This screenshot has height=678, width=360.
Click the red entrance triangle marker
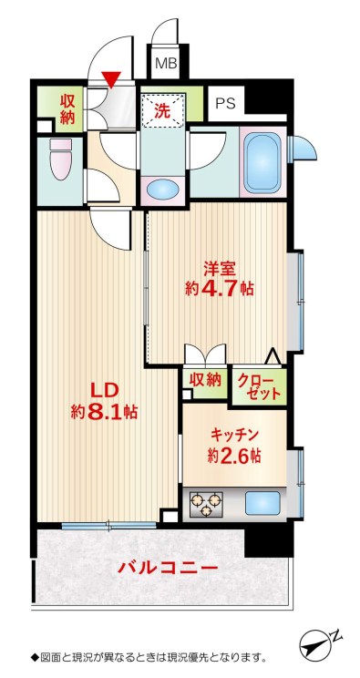click(111, 79)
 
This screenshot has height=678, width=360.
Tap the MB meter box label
click(166, 64)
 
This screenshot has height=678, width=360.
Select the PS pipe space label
click(225, 104)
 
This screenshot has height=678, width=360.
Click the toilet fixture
click(61, 159)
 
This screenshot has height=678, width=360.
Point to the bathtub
click(262, 161)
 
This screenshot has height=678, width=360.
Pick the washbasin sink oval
click(163, 190)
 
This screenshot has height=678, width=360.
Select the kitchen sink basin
click(262, 503)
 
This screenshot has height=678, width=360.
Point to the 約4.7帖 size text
click(220, 288)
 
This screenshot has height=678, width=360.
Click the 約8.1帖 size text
click(104, 412)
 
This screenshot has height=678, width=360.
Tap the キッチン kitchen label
click(234, 434)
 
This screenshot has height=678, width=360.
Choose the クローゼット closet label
click(259, 387)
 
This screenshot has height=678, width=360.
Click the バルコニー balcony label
click(168, 568)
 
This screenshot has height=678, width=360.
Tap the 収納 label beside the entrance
click(68, 109)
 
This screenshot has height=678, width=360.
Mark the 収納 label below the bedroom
click(205, 380)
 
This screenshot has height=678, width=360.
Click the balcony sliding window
click(108, 526)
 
